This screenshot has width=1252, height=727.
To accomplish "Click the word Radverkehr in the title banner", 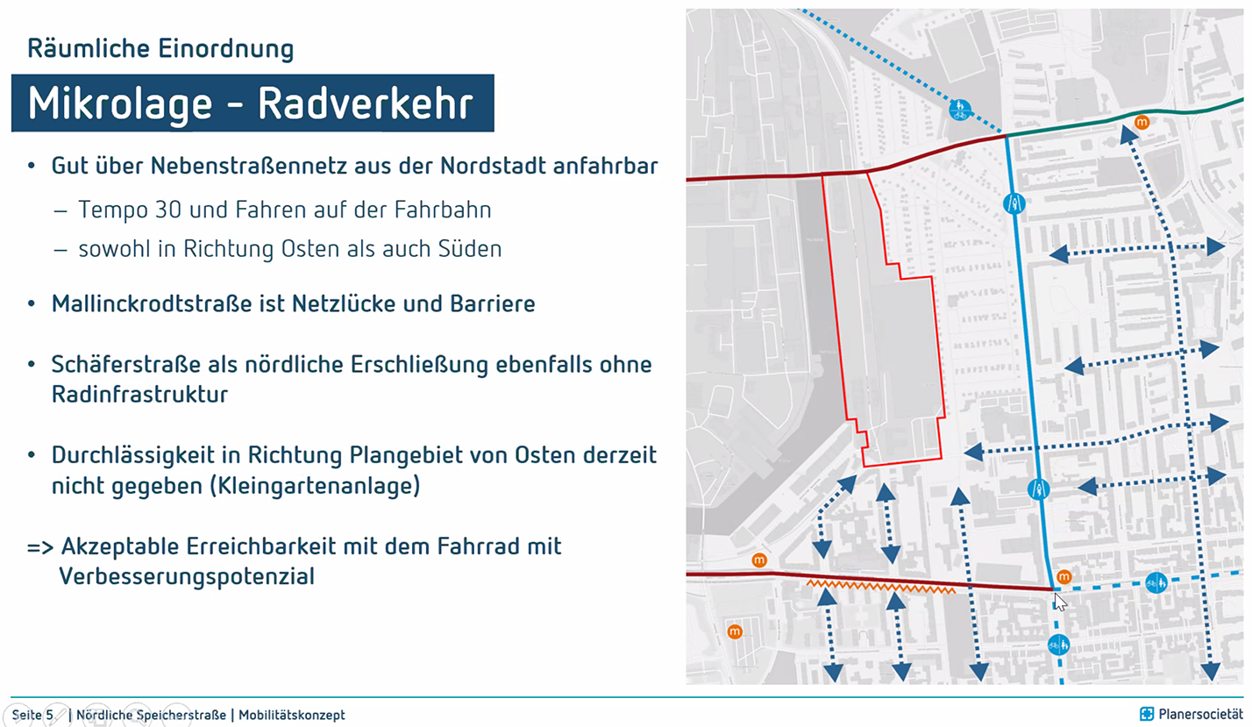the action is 366,103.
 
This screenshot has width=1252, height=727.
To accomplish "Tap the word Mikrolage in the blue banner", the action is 120,104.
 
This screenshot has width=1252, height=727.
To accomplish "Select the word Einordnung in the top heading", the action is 226,48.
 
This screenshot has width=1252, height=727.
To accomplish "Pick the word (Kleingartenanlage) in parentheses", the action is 314,486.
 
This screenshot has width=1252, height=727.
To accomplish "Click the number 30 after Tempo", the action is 167,210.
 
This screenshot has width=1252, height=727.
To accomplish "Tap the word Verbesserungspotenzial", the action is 187,576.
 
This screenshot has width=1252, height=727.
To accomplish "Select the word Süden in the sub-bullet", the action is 470,249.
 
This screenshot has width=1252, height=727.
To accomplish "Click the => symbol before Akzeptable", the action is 40,547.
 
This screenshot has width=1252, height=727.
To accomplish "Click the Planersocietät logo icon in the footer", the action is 1147,714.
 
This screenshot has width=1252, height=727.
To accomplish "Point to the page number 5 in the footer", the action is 49,715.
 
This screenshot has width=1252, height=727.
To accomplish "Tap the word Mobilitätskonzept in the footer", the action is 292,715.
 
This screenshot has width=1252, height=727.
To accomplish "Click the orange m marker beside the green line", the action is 1142,122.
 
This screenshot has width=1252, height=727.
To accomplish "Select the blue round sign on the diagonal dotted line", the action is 960,110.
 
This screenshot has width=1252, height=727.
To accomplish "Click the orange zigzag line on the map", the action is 881,586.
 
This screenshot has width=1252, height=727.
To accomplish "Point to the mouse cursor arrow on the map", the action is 1060,602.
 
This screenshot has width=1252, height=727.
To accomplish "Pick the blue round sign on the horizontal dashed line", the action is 1156,583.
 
